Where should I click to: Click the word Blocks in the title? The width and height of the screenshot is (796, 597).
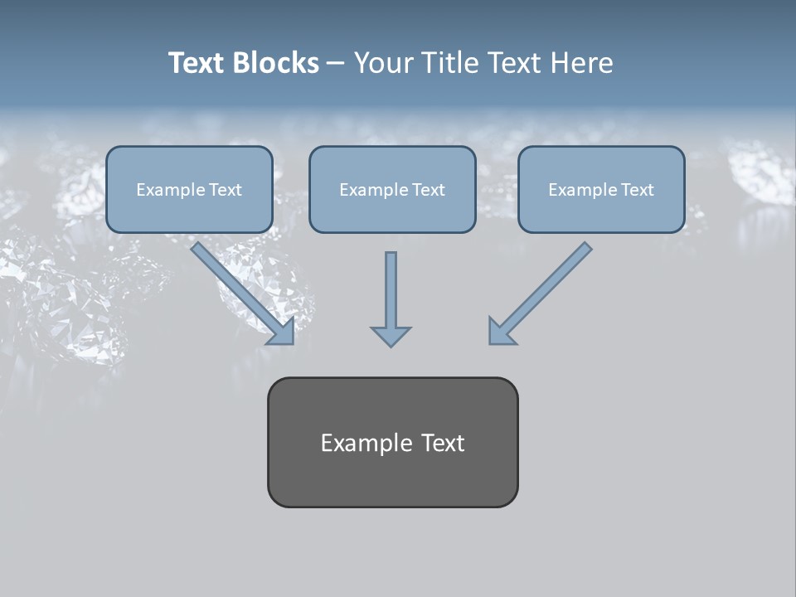(x=276, y=63)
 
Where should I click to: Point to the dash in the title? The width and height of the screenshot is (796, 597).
(x=336, y=64)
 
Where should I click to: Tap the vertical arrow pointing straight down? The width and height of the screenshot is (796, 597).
(x=391, y=294)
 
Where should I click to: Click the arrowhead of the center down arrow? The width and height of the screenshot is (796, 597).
(x=391, y=336)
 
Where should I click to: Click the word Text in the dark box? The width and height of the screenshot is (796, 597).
(x=443, y=443)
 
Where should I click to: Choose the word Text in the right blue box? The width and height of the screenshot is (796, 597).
(x=637, y=190)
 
